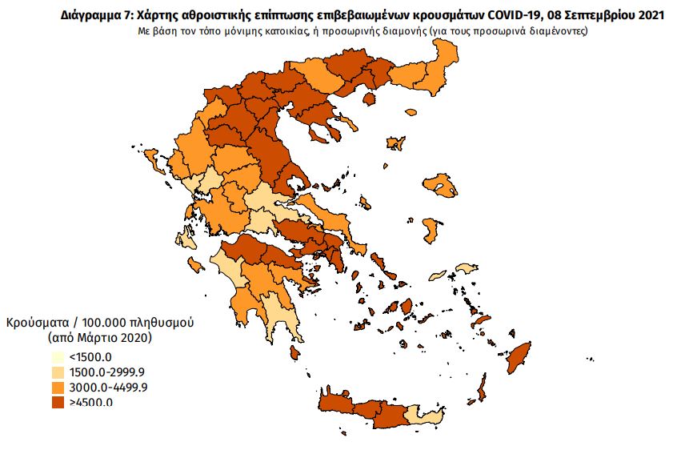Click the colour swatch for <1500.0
point(58,358)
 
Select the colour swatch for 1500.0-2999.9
point(58,373)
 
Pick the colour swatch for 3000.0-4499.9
point(58,388)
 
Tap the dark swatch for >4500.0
point(58,402)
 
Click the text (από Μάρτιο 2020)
point(99,338)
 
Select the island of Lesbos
point(441,185)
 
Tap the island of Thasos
point(370,99)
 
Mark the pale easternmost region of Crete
point(425,415)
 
